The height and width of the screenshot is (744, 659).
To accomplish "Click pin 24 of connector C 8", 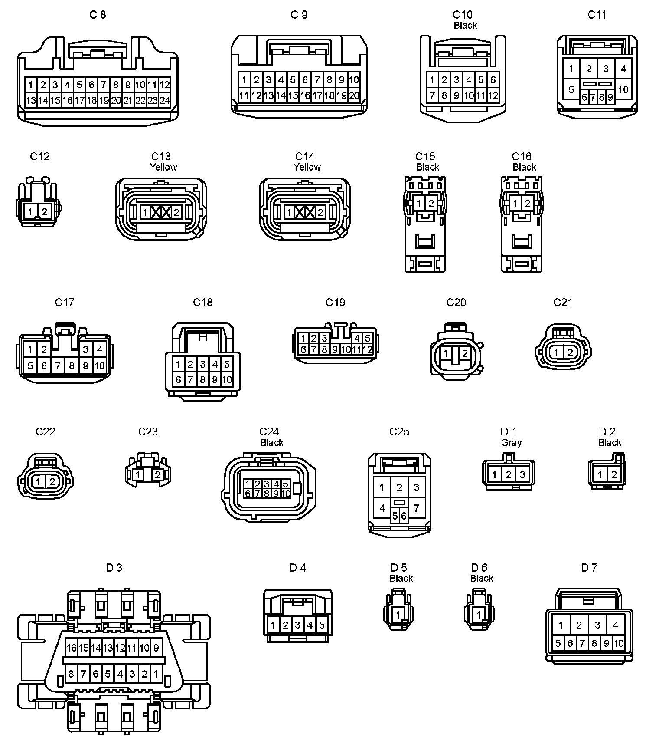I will [165, 101].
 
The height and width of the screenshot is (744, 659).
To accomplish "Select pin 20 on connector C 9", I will [354, 96].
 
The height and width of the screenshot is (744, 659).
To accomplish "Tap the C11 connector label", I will [597, 15].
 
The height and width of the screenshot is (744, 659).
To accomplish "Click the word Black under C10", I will [465, 26].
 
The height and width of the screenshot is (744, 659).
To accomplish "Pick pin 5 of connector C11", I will [571, 89].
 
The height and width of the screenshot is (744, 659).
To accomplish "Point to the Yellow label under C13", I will [163, 167].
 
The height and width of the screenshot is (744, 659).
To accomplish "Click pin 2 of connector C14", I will [320, 213].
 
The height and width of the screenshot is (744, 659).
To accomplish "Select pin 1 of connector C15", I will [419, 203].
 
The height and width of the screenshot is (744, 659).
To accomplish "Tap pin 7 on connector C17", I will [58, 366].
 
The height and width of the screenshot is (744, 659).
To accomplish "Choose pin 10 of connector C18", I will [227, 380].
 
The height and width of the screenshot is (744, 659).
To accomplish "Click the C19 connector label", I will [335, 302].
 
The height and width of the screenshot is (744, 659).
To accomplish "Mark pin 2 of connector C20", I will [465, 353].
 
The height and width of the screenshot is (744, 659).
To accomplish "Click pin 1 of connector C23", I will [138, 474].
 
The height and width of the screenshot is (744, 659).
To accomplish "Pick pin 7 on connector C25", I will [417, 508].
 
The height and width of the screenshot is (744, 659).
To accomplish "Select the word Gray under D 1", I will [511, 443].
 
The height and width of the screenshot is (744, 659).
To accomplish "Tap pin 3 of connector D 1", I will [522, 474].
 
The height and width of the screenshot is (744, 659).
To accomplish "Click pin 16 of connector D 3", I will [71, 648].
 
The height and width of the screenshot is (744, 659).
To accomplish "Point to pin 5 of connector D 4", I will [322, 625].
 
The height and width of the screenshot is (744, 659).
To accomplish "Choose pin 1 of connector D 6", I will [479, 615].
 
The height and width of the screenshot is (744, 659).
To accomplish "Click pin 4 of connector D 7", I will [616, 625].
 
